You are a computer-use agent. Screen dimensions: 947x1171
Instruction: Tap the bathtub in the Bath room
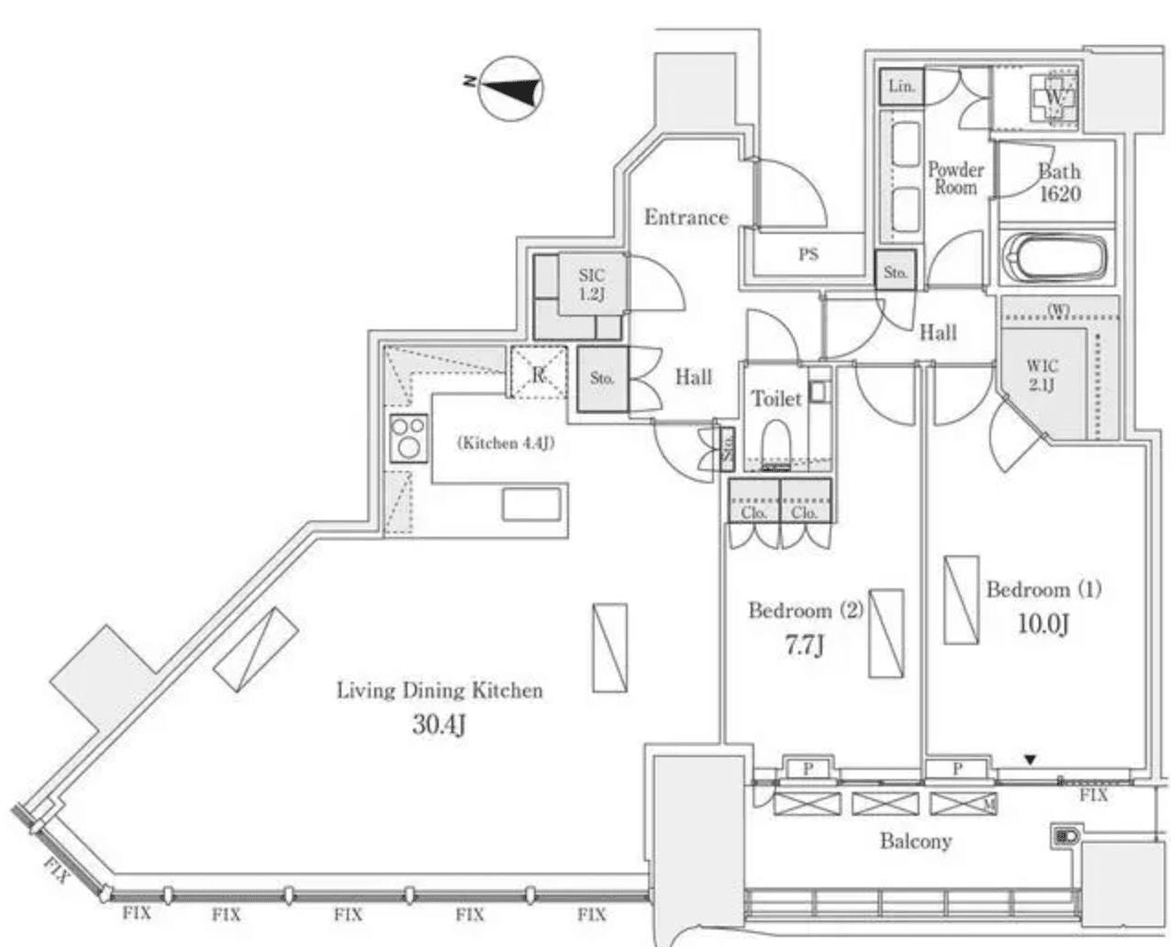click(1054, 258)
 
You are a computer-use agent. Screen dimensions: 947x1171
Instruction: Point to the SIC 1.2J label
click(591, 284)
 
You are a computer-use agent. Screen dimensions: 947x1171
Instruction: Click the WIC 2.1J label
click(1042, 375)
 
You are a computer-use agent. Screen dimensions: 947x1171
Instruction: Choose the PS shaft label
click(808, 254)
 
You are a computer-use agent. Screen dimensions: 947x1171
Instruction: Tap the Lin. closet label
click(901, 87)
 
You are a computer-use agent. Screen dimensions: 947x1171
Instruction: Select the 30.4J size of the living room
click(439, 726)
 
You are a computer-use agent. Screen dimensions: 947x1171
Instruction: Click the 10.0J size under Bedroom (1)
click(1043, 624)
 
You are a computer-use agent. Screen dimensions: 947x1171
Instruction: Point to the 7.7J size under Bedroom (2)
click(803, 645)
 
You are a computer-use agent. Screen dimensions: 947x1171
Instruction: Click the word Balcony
click(915, 841)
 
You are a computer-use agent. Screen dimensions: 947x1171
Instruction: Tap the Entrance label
click(686, 217)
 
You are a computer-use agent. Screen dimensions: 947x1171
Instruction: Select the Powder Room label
click(955, 178)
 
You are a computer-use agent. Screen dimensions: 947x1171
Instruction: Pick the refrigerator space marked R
click(538, 374)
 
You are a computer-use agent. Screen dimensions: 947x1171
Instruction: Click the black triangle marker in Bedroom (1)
click(1031, 760)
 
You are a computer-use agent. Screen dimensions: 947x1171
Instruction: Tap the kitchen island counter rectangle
click(531, 504)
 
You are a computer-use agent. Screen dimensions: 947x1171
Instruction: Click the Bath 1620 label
click(1059, 183)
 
